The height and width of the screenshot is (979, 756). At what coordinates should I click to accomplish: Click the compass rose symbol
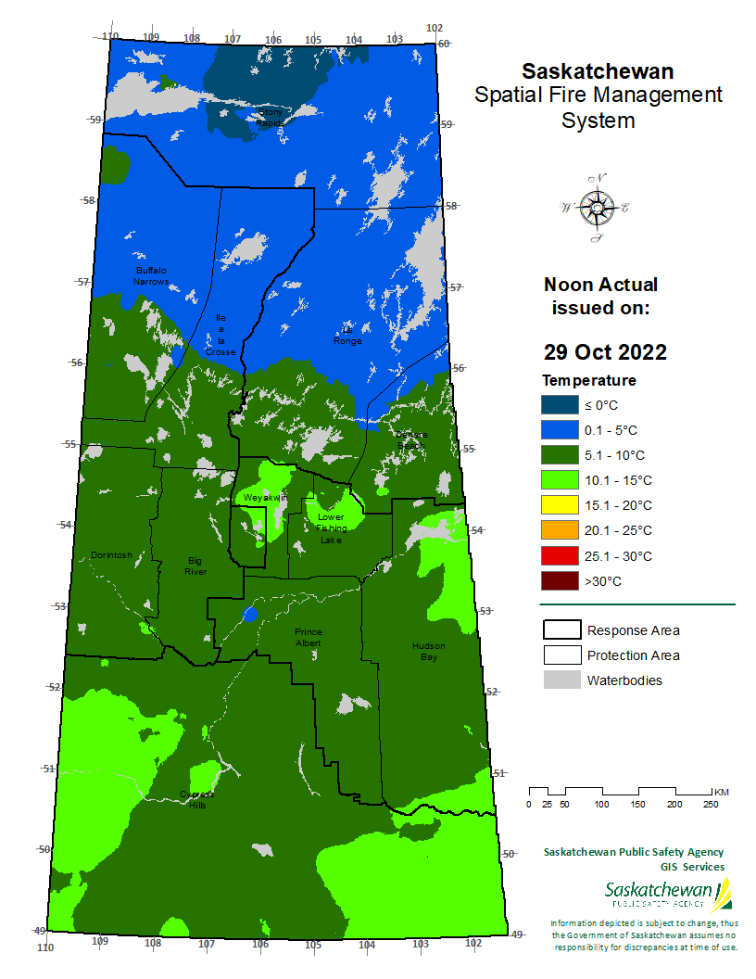click(x=595, y=209)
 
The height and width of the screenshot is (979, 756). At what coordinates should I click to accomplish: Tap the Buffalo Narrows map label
click(x=149, y=275)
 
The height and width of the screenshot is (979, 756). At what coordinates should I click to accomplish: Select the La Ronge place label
click(x=348, y=335)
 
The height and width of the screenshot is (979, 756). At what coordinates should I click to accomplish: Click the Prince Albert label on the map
click(x=308, y=637)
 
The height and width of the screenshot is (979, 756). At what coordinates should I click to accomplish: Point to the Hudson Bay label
click(x=429, y=651)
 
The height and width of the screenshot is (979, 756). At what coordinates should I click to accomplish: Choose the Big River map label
click(x=195, y=566)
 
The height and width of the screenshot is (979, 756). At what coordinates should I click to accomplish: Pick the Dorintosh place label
click(x=111, y=555)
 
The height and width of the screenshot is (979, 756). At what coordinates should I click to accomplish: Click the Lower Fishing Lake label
click(x=331, y=528)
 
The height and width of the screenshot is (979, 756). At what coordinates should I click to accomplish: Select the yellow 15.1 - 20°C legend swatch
click(x=560, y=505)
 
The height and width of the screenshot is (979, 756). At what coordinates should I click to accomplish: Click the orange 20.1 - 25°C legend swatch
click(x=560, y=530)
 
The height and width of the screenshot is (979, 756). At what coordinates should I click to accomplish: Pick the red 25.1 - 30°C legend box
click(x=560, y=556)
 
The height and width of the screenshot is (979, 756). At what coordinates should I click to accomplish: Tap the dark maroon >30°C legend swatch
click(x=560, y=581)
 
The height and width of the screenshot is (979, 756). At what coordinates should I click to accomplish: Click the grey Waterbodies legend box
click(x=560, y=680)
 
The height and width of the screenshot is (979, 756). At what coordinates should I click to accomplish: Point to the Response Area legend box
click(x=560, y=630)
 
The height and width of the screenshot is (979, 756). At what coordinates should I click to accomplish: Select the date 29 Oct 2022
click(x=604, y=352)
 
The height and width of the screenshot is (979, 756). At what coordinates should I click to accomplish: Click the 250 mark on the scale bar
click(x=711, y=804)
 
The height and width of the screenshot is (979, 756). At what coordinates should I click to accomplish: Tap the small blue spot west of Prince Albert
click(x=248, y=614)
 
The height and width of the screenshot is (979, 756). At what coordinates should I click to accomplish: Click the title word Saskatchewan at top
click(x=598, y=71)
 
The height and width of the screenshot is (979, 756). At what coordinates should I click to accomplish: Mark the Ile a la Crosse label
click(x=220, y=335)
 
